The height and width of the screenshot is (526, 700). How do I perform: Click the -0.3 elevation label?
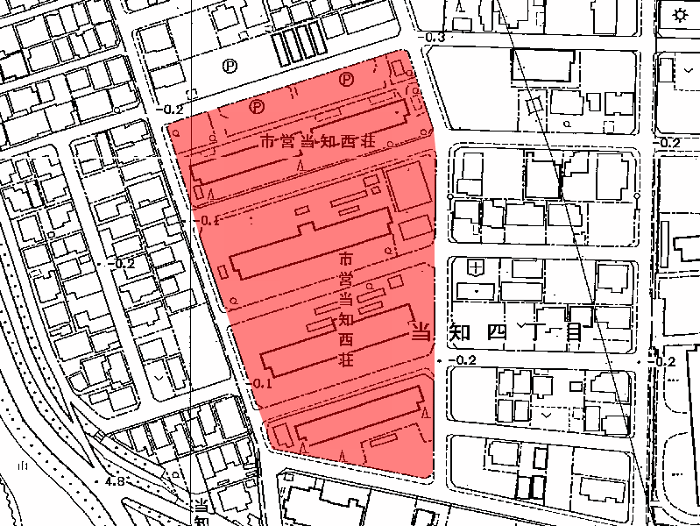tap(435, 38)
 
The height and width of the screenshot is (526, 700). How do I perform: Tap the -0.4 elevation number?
tap(209, 220)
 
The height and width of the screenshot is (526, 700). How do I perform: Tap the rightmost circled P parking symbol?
tap(347, 79)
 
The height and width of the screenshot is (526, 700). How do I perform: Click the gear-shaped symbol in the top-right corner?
tap(681, 15)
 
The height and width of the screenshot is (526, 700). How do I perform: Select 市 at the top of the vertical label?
tap(345, 260)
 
